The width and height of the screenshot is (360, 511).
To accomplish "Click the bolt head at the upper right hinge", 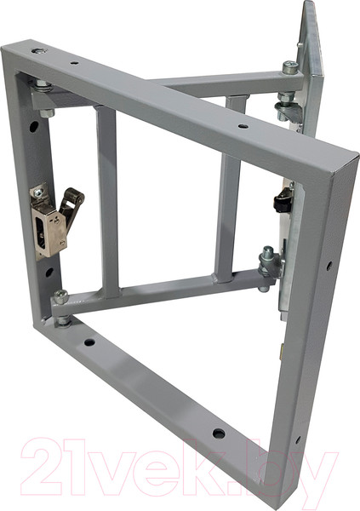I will pyautogui.click(x=290, y=69).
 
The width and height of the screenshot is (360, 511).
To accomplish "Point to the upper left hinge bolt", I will pyautogui.click(x=42, y=85).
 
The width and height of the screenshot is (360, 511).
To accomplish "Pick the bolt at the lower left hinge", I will pyautogui.click(x=61, y=297).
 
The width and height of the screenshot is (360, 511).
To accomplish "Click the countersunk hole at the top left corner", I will pyautogui.click(x=38, y=51).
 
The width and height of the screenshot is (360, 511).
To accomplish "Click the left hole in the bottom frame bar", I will pyautogui.click(x=89, y=342).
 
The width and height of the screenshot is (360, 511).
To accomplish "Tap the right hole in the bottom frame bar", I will pyautogui.click(x=219, y=433).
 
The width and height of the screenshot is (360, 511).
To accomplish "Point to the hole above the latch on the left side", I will pyautogui.click(x=33, y=126).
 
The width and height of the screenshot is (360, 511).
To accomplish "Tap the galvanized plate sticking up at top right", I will pyautogui.click(x=310, y=60).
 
